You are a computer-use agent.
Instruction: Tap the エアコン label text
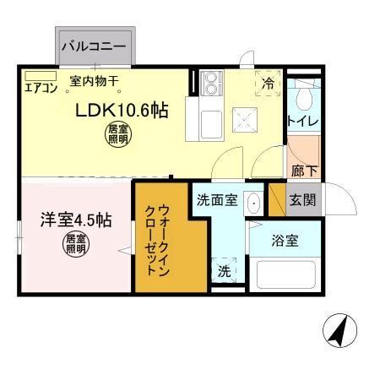point(39,86)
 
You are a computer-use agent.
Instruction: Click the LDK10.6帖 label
point(120,111)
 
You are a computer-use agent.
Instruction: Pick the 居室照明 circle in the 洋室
point(76,245)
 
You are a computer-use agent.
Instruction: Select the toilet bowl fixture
point(301,99)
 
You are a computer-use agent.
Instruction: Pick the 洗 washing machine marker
point(224,270)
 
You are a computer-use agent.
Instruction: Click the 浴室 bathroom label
point(285,241)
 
